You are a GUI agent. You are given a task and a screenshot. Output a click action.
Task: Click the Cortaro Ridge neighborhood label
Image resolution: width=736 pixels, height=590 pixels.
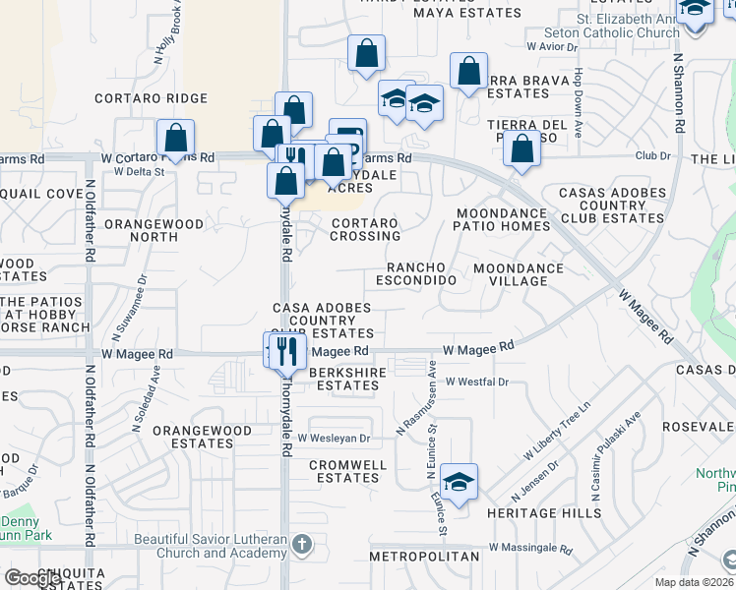pos(151,98)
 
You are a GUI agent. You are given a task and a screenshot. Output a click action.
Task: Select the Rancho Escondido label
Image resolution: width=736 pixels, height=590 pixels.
pos(421,273)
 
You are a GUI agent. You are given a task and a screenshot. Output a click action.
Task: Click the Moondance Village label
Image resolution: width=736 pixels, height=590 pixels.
pos(519,274)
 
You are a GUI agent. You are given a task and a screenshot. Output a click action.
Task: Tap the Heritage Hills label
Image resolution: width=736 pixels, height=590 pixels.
pos(543,513)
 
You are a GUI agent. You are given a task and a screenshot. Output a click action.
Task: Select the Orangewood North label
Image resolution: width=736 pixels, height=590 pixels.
pos(153,230)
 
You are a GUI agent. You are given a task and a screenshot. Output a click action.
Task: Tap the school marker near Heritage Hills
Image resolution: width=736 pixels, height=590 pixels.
pos(459,481)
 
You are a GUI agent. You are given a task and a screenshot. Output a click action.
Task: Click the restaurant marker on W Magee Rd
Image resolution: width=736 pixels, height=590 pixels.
pos(286,350)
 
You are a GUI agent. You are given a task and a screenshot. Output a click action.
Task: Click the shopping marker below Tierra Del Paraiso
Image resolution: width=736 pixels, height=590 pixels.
pos(521,149)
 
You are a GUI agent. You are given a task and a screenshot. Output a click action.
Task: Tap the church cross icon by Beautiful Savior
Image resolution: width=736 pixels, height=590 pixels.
pos(304,542)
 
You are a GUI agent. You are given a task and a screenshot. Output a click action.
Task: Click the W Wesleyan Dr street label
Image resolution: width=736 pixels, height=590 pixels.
pos(334,438)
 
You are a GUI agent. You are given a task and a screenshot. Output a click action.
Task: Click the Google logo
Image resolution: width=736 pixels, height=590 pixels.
pos(33,578)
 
